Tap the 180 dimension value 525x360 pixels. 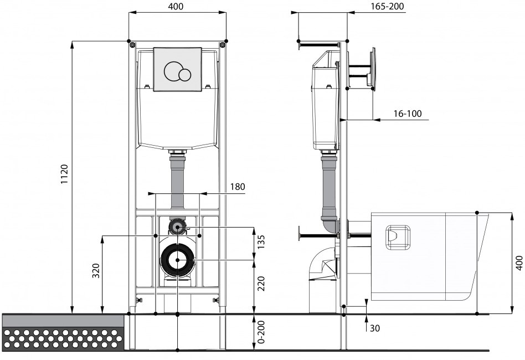point(238,187)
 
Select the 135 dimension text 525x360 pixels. point(261,242)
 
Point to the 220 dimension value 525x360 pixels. point(261,284)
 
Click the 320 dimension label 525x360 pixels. point(96,271)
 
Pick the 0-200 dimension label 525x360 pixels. point(261,332)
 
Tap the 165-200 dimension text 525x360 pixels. point(388,6)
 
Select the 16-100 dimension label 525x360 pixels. point(408,114)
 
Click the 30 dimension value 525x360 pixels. point(375,328)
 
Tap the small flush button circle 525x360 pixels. point(184,75)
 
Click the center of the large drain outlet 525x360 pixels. point(177,260)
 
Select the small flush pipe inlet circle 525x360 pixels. point(177,227)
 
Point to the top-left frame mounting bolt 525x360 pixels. point(133,44)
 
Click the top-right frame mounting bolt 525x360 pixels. point(222,44)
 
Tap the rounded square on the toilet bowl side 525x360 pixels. point(398,238)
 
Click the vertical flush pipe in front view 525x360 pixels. point(177,183)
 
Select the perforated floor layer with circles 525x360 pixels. point(63,338)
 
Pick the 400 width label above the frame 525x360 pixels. point(176,7)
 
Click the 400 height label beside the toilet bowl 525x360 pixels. point(519,263)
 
